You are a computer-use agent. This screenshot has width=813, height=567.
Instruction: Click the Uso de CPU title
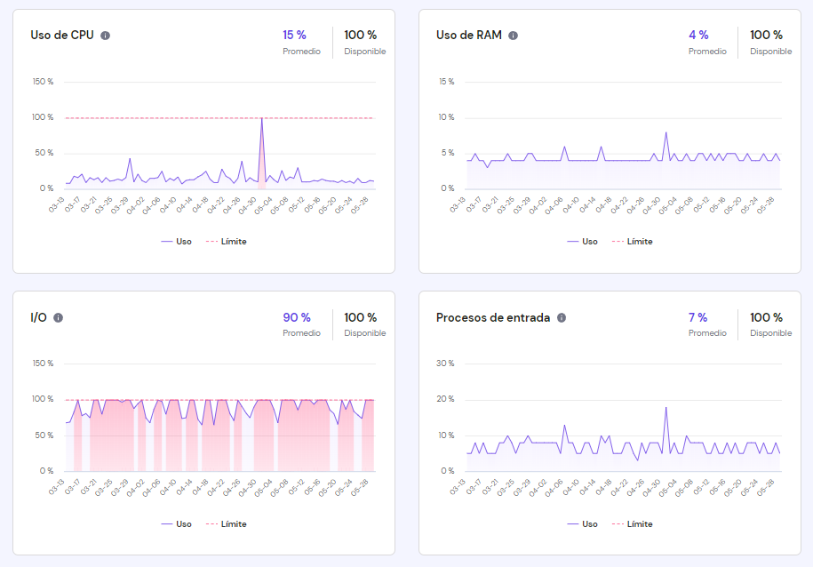61,36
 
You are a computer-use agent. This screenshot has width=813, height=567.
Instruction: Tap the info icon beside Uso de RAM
513,36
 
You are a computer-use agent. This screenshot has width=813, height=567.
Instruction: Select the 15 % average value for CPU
294,35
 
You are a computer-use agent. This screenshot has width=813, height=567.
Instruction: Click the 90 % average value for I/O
296,317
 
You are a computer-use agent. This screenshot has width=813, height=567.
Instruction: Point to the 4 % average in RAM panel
698,35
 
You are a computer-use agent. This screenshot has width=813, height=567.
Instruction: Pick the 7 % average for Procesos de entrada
697,317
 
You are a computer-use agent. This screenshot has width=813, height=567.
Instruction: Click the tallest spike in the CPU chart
261,118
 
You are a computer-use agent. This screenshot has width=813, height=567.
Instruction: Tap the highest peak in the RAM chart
666,132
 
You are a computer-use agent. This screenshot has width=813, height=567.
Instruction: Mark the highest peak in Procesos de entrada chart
666,407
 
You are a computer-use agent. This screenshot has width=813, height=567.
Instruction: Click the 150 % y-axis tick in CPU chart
43,82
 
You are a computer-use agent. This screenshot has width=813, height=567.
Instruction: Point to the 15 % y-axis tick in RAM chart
447,82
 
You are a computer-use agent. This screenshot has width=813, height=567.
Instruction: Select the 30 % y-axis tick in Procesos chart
447,363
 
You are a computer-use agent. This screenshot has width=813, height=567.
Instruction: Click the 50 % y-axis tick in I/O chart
44,435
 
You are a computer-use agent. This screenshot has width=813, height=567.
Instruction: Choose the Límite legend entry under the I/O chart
227,523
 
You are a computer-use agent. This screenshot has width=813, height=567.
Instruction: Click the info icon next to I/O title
58,318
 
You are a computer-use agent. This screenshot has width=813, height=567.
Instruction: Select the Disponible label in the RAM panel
770,52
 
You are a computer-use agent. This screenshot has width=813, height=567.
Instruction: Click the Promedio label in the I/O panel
301,333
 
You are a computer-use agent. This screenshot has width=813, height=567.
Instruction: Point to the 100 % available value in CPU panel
360,35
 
